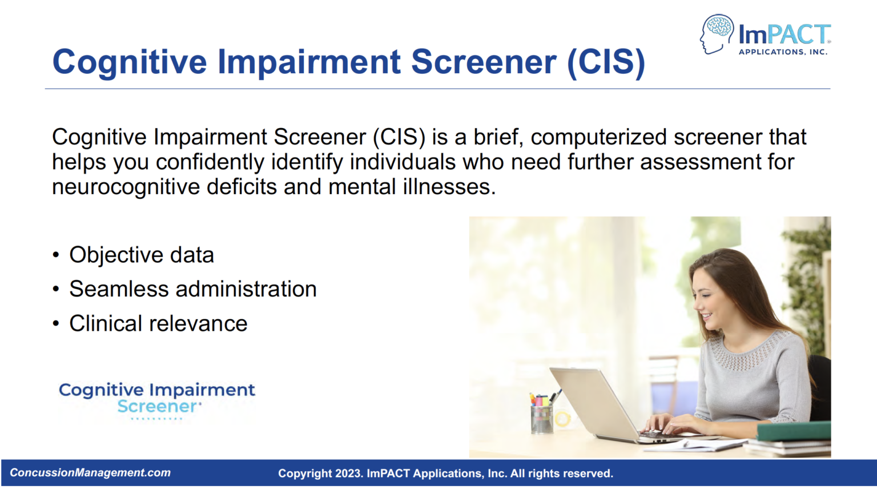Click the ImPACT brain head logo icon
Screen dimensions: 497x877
(717, 34)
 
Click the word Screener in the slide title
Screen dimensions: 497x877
(484, 62)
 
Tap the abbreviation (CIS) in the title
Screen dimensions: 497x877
(606, 62)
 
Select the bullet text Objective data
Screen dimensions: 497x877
(142, 255)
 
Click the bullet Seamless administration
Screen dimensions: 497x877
(192, 289)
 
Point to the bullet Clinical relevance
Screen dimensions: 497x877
(158, 324)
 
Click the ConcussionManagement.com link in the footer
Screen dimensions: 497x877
(90, 473)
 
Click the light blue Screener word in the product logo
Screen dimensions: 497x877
(157, 407)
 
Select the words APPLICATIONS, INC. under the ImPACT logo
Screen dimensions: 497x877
(783, 52)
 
